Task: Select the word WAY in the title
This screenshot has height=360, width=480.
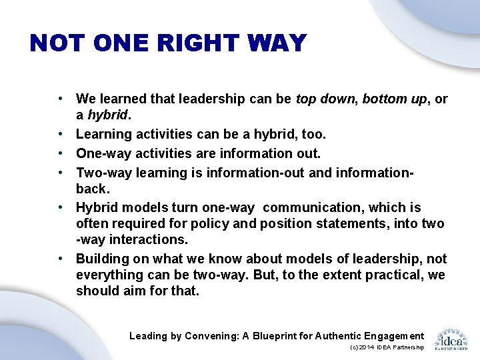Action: pyautogui.click(x=279, y=43)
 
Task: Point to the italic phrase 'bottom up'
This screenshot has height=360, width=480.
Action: pyautogui.click(x=391, y=99)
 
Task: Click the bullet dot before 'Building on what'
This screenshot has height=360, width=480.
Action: pyautogui.click(x=60, y=258)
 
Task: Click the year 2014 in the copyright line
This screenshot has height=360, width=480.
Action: pyautogui.click(x=367, y=348)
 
